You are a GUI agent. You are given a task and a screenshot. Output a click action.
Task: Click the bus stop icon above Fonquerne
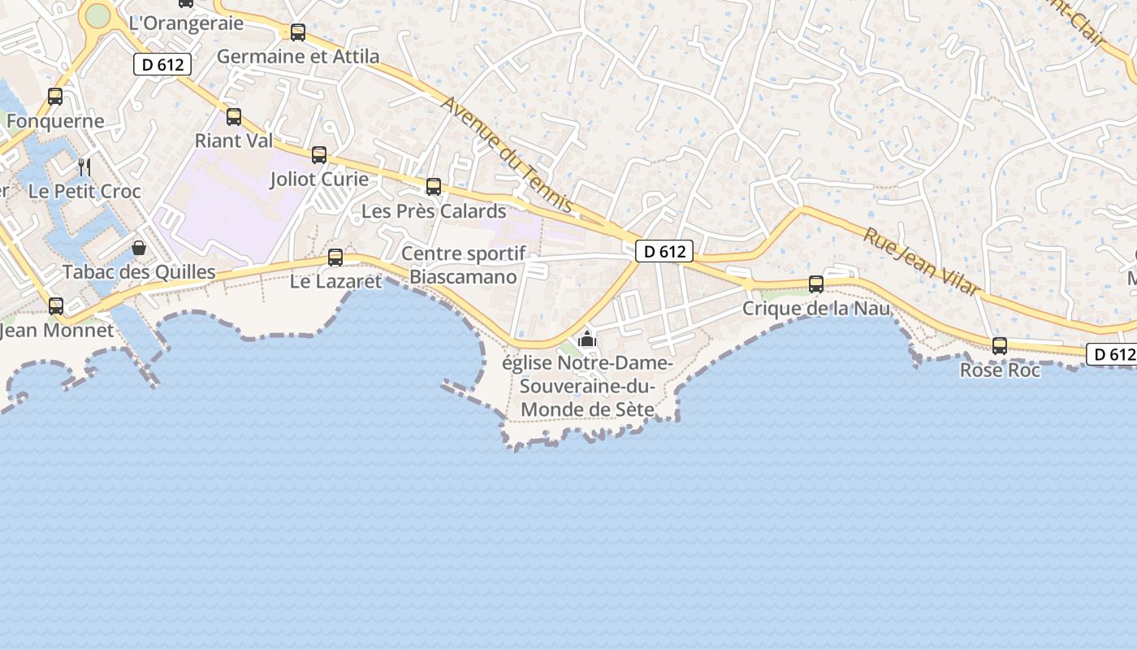[x=55, y=97]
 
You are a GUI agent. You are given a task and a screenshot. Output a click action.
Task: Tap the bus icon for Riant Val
[x=234, y=117]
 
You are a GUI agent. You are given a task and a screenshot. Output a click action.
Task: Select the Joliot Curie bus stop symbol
[x=319, y=155]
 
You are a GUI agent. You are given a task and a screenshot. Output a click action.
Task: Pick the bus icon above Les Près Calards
[x=434, y=187]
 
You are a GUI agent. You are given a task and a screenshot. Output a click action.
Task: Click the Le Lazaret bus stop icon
[x=335, y=258]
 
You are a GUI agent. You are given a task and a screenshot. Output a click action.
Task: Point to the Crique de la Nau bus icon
[x=816, y=284]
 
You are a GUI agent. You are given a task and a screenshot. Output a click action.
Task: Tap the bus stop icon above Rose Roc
[x=1000, y=346]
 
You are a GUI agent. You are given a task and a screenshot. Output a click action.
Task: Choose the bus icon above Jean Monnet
[x=56, y=306]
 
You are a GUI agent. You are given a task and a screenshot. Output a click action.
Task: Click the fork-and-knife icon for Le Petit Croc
[x=84, y=167]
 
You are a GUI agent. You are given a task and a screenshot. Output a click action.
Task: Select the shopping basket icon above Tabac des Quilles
[x=139, y=248]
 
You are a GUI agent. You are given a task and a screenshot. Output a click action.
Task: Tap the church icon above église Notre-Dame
[x=587, y=339]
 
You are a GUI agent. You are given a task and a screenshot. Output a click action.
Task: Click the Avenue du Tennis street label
[x=508, y=155]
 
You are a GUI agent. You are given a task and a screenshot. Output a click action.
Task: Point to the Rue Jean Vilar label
[x=921, y=261]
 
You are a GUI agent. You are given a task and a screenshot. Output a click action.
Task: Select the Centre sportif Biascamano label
[x=463, y=265]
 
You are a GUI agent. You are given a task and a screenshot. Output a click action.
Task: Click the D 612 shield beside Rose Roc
[x=1111, y=354]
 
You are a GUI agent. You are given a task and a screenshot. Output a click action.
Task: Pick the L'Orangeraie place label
[x=186, y=23]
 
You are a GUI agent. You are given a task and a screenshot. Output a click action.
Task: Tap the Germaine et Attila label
[x=298, y=56]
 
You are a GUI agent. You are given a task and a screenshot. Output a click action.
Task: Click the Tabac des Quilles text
[x=139, y=272]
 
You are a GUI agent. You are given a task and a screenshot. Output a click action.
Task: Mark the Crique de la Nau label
[x=816, y=309]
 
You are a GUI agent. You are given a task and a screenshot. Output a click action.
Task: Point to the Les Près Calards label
[x=434, y=211]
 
